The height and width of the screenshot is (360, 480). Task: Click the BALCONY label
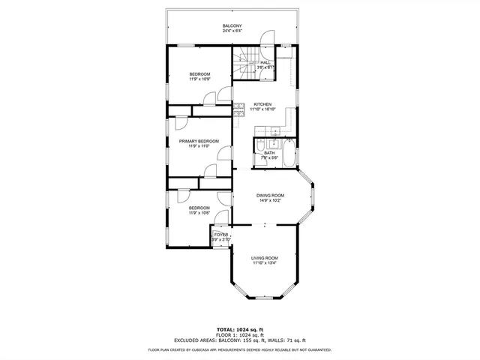[232, 26]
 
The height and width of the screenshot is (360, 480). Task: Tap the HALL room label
[265, 62]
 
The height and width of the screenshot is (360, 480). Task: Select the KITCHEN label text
[262, 104]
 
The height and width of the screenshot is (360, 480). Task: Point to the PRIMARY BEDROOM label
[199, 141]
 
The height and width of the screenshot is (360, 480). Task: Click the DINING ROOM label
[270, 195]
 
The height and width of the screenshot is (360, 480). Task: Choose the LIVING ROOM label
[264, 258]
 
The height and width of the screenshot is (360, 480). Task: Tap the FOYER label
[220, 235]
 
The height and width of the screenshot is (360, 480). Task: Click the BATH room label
[268, 153]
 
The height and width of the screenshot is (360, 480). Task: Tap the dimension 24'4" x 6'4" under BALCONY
[232, 31]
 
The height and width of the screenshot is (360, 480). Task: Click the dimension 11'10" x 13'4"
[264, 263]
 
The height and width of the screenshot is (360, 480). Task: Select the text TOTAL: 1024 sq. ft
[240, 329]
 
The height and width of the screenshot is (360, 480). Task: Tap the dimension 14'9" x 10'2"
[270, 200]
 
